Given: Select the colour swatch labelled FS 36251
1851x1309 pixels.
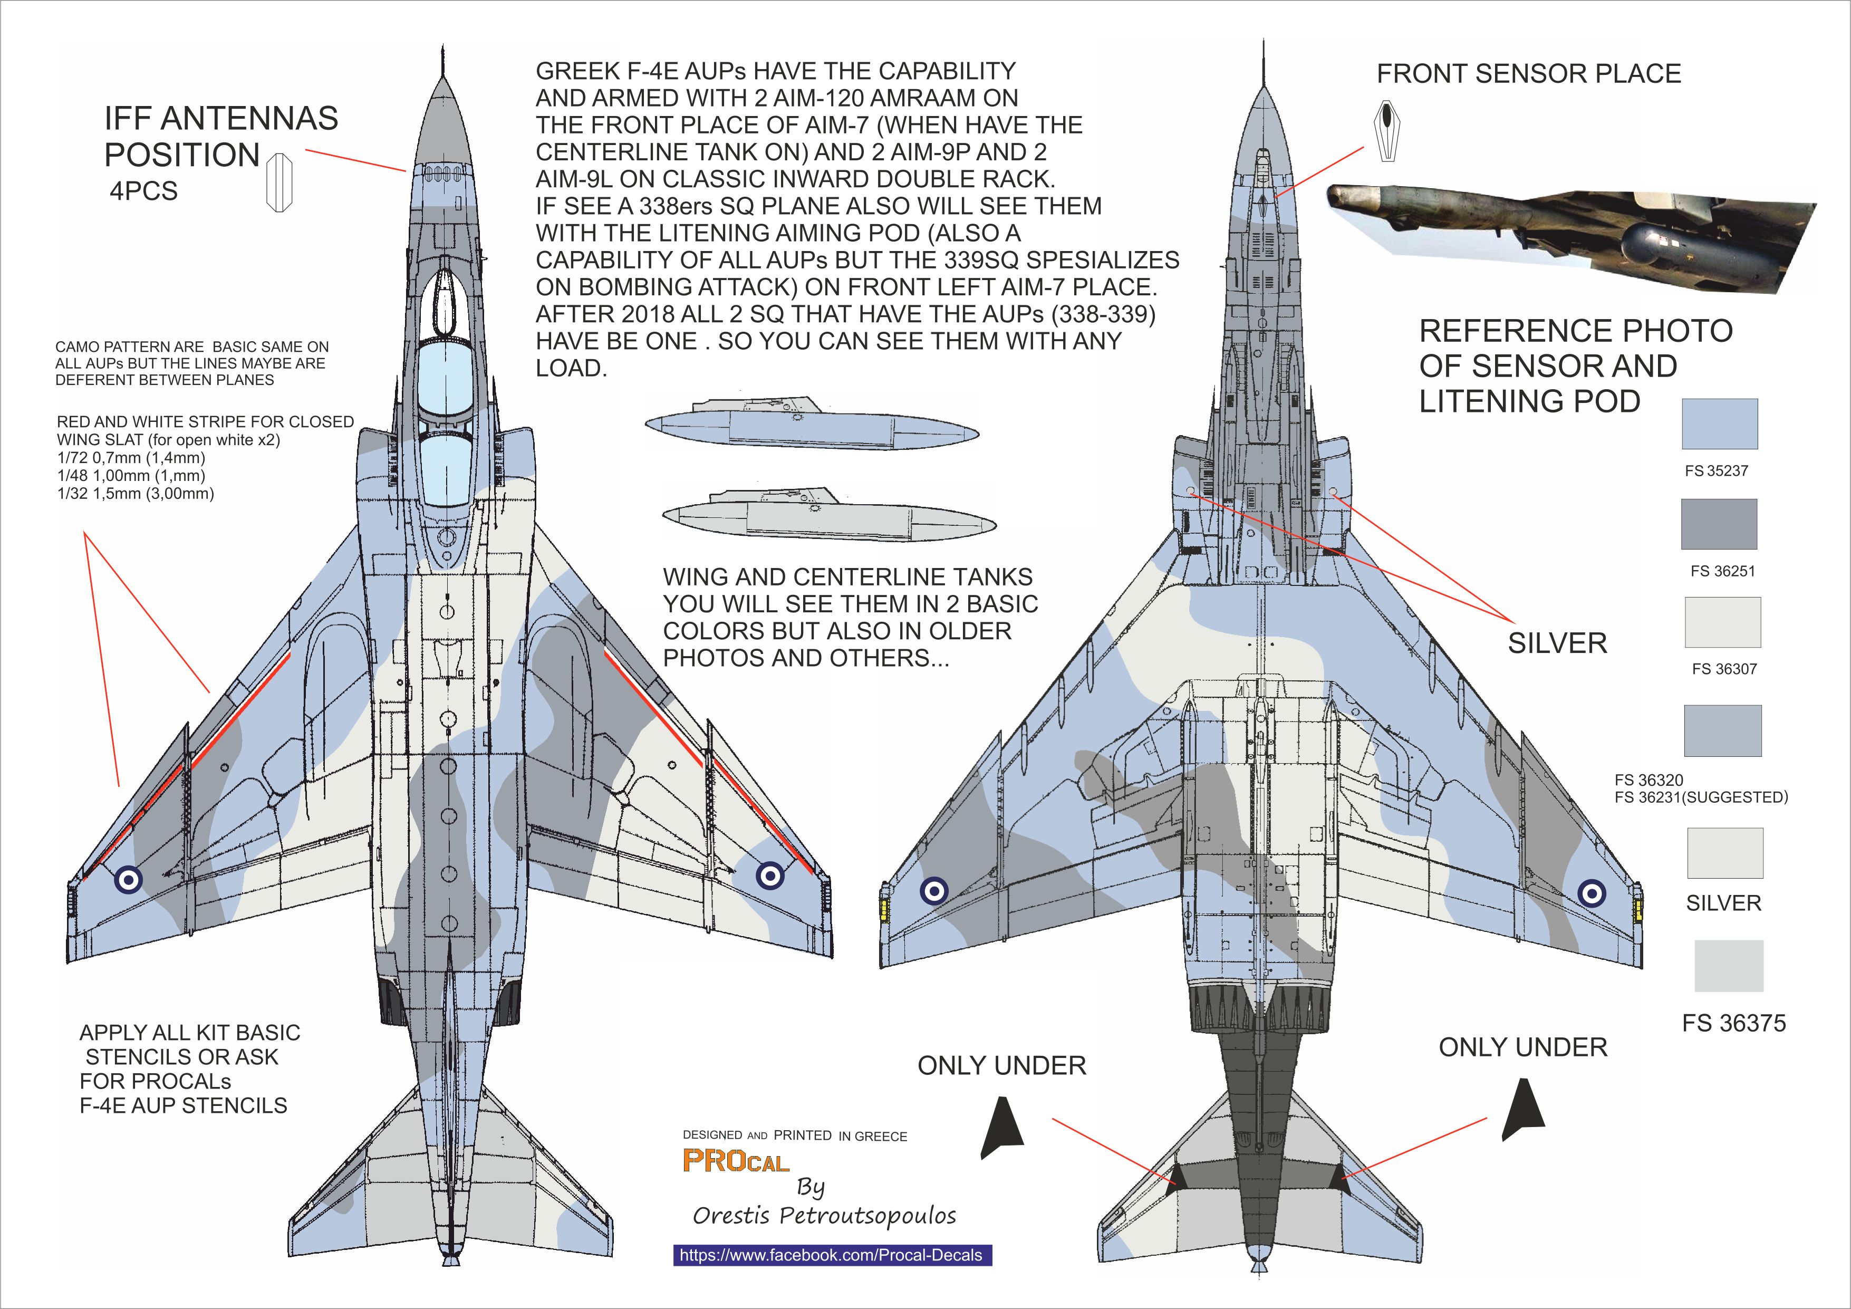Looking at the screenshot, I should (1719, 524).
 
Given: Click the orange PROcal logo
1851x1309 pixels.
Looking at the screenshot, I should (735, 1161).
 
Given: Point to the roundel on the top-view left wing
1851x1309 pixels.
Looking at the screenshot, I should (129, 879).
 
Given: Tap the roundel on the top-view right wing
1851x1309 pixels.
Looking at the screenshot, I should (770, 874).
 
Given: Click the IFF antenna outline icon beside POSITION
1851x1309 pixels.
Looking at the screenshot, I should (279, 182).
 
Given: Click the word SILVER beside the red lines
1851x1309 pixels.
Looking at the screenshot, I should (1557, 643).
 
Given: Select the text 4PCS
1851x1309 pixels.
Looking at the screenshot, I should (143, 191).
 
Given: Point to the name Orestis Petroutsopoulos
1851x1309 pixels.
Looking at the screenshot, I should (824, 1216).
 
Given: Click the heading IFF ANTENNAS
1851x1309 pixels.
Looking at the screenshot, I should (221, 119).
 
